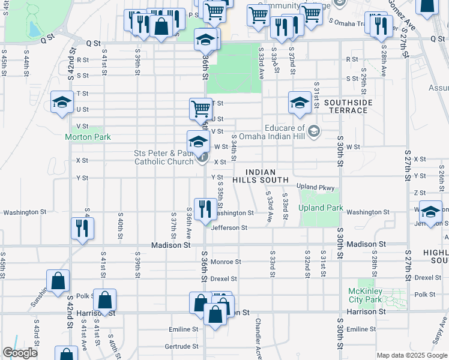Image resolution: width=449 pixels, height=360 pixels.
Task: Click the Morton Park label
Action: pyautogui.click(x=88, y=137)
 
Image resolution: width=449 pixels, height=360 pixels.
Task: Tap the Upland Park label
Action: pyautogui.click(x=321, y=208)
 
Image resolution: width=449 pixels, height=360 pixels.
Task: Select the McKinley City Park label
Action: pyautogui.click(x=365, y=295)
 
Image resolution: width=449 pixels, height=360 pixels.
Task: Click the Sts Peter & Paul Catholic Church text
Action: pyautogui.click(x=163, y=157)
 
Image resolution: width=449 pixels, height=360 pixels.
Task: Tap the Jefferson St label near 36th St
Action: pyautogui.click(x=228, y=228)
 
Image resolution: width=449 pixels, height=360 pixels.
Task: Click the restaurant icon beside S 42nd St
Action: pyautogui.click(x=82, y=227)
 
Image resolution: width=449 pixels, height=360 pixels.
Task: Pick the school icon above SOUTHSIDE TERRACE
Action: pyautogui.click(x=300, y=102)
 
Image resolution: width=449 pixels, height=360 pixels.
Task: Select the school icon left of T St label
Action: pyautogui.click(x=61, y=101)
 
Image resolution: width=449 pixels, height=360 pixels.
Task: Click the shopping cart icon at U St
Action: pyautogui.click(x=200, y=109)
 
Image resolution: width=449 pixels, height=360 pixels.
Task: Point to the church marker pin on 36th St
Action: pyautogui.click(x=203, y=160)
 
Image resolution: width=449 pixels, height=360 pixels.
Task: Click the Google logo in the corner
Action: pyautogui.click(x=20, y=353)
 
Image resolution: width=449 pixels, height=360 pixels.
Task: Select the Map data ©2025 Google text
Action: pyautogui.click(x=411, y=355)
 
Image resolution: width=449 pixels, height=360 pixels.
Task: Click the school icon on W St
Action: pyautogui.click(x=198, y=142)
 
